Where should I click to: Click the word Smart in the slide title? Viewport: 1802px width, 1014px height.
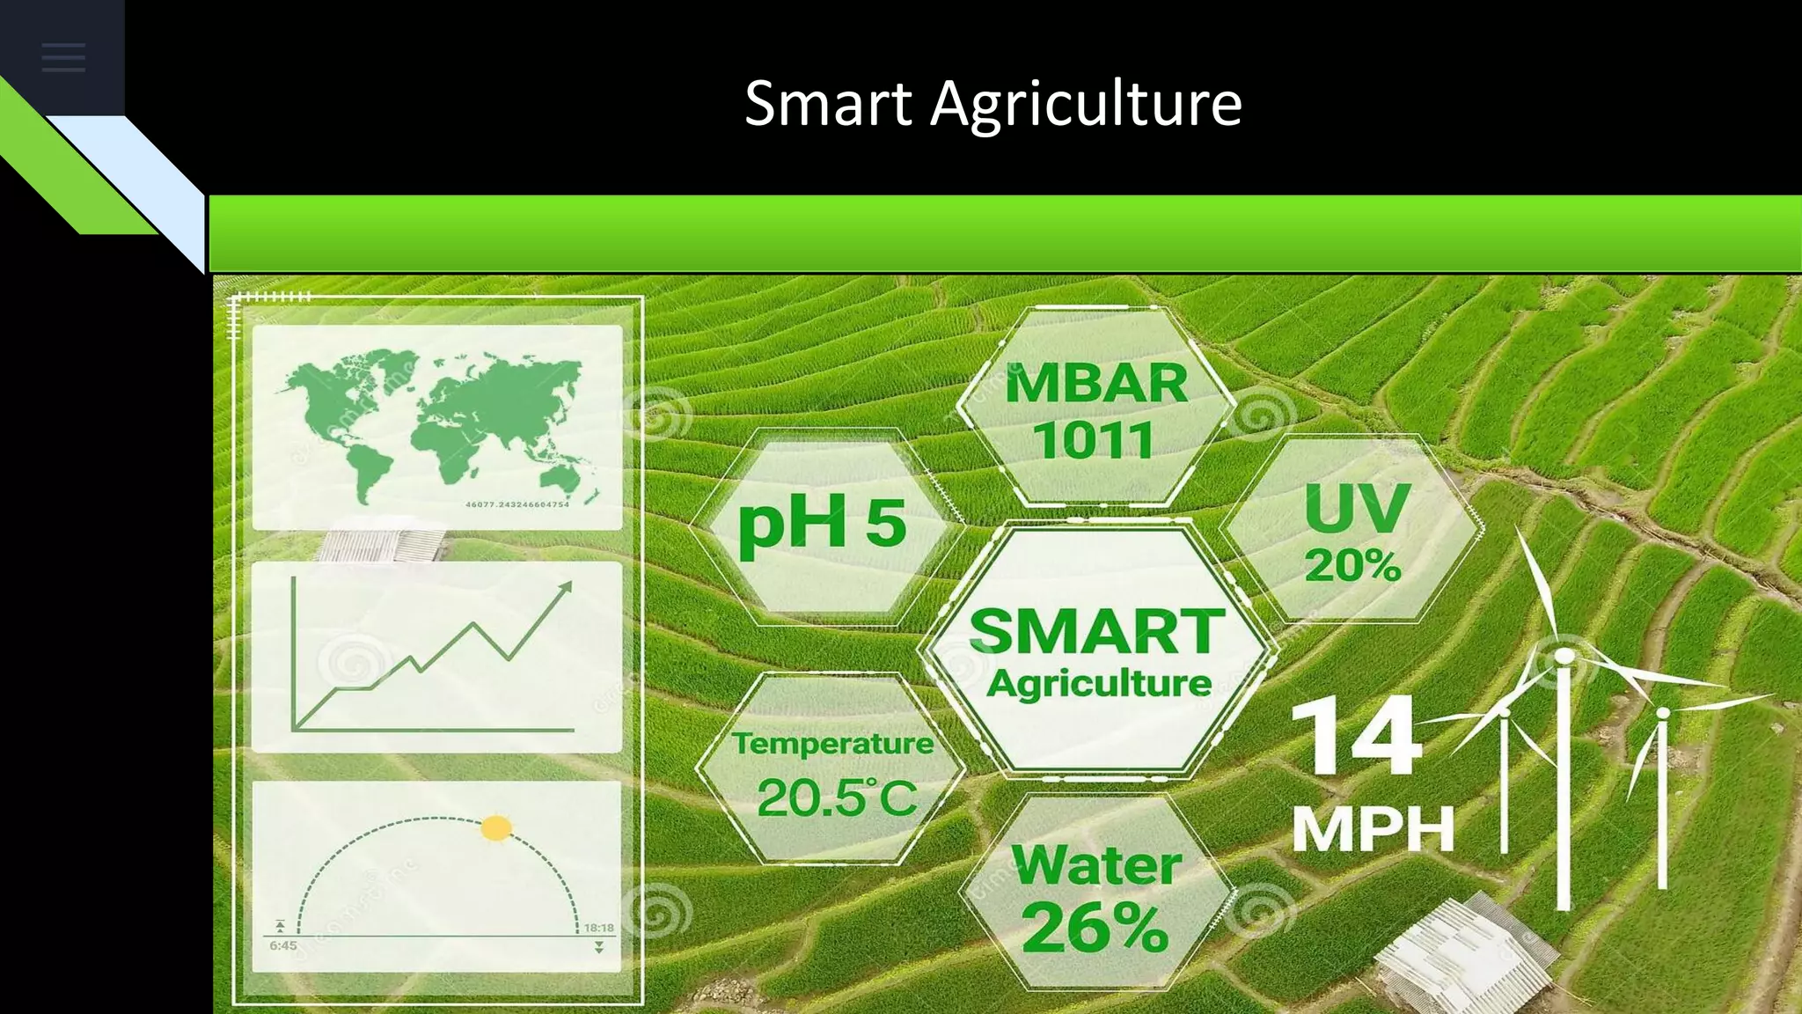pos(828,104)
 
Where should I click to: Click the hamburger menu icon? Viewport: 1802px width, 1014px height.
pos(63,58)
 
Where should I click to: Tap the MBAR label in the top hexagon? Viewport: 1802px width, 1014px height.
pos(1096,384)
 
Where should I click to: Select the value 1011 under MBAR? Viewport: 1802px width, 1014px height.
pos(1094,440)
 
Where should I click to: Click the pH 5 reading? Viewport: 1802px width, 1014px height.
pos(822,523)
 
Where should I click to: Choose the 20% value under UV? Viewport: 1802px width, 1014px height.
pos(1352,565)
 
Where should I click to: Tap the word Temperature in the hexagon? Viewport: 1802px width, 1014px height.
pos(832,744)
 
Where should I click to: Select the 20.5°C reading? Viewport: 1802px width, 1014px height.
pos(836,797)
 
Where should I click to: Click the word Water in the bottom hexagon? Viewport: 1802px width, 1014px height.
pos(1096,865)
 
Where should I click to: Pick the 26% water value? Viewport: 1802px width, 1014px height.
pos(1095,927)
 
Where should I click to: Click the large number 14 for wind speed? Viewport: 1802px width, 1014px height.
pos(1356,736)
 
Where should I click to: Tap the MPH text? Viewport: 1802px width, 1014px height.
pos(1373,828)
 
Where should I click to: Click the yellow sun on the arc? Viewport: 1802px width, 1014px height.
pos(496,827)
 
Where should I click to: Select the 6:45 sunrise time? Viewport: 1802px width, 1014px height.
pos(283,945)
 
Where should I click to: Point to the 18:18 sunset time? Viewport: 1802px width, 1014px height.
pos(599,928)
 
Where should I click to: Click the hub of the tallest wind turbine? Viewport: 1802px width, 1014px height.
pos(1564,656)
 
